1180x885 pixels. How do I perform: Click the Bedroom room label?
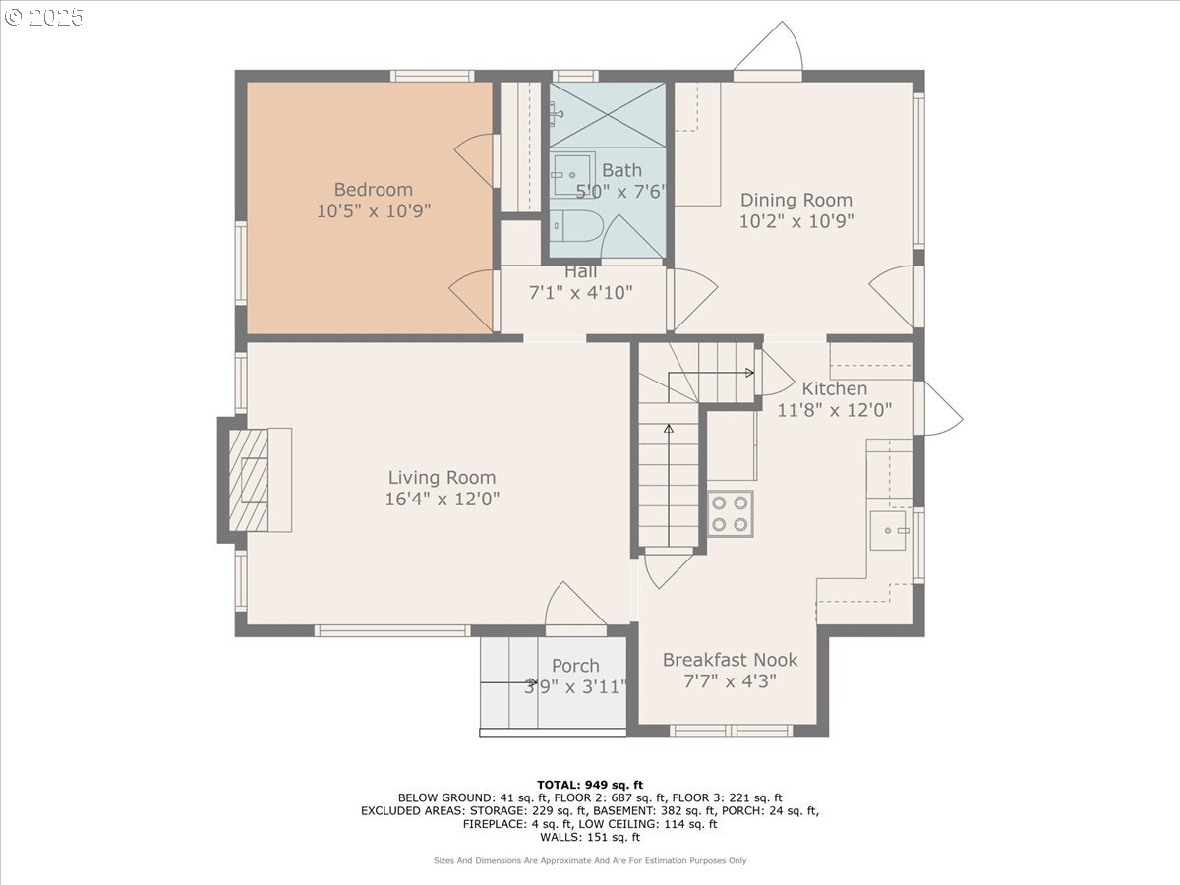coord(373,189)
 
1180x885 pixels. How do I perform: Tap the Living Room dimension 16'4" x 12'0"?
coord(442,499)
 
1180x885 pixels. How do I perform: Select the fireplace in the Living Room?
coord(255,480)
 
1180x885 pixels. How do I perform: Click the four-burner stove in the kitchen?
coord(730,513)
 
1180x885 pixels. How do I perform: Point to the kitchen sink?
coord(888,530)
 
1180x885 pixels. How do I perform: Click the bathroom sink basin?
coord(573,175)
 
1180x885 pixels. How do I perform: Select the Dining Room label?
coord(796,200)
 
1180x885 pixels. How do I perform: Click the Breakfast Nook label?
coord(730,659)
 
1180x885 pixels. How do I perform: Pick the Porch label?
coord(575,666)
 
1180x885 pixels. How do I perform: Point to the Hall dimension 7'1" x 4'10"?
coord(580,292)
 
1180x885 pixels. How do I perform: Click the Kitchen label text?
coord(834,388)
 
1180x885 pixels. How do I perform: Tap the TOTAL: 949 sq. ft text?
coord(590,785)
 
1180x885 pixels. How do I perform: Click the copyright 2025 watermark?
coord(43,17)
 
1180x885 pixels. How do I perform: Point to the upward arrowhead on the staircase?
coord(669,429)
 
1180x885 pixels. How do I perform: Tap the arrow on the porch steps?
coord(508,681)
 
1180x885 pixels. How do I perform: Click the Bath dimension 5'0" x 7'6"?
coord(621,191)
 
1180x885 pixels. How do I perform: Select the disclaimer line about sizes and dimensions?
coord(590,860)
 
